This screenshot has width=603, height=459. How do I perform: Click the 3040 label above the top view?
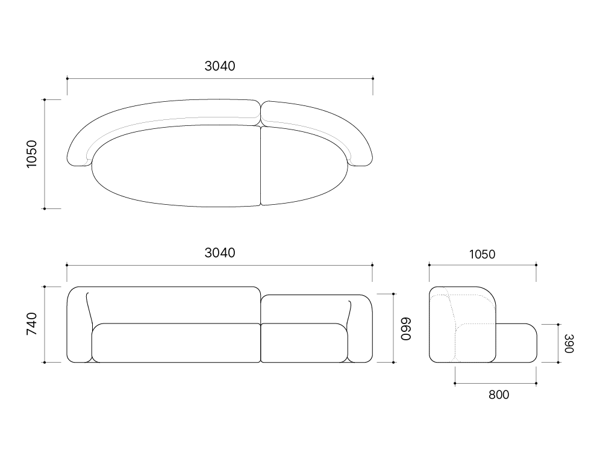tap(220, 66)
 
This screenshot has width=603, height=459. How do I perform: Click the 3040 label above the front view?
tap(220, 252)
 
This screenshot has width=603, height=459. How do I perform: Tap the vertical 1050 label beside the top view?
tap(31, 154)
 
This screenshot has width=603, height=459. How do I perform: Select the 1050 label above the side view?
tap(483, 254)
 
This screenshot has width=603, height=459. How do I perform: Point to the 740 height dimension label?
tap(31, 323)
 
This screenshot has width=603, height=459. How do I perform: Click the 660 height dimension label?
tap(406, 329)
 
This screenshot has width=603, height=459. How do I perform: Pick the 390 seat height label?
tap(569, 343)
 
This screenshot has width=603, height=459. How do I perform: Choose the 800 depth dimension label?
tap(499, 395)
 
